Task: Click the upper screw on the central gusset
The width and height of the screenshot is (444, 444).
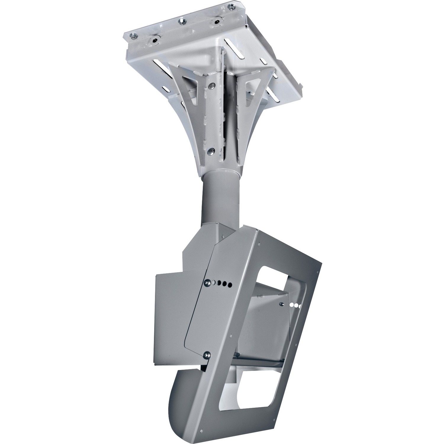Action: (x=211, y=85)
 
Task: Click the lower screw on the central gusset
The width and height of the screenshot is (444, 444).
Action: (x=210, y=151)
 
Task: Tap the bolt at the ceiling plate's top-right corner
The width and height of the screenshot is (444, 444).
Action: (x=230, y=6)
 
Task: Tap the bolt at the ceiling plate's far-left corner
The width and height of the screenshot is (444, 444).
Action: (x=134, y=36)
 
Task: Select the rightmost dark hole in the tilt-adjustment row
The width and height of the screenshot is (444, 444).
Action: (x=229, y=285)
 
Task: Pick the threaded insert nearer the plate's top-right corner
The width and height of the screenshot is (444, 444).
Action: (x=218, y=22)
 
